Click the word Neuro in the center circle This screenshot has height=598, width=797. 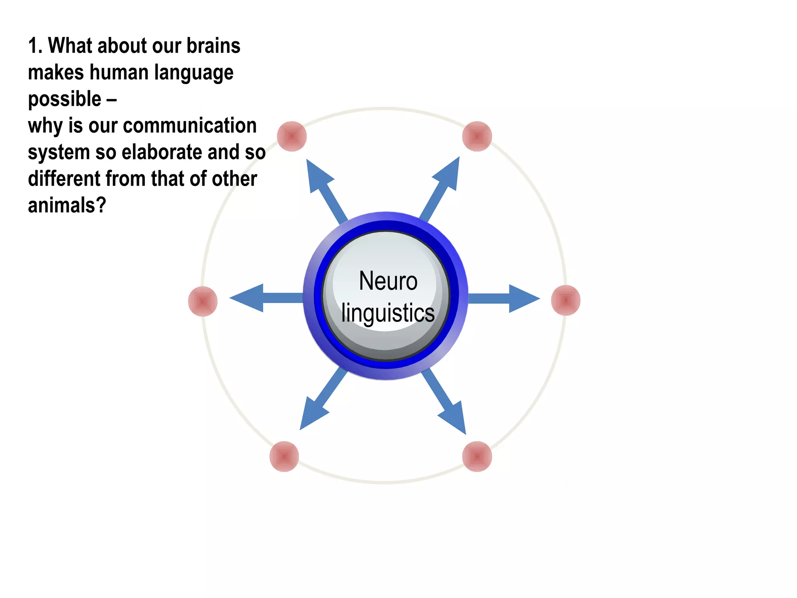pos(388,281)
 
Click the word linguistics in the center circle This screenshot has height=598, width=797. pos(388,313)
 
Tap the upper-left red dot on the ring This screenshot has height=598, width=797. pos(292,136)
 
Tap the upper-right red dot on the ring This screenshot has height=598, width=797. pos(477,136)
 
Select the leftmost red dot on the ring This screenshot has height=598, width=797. pos(203,301)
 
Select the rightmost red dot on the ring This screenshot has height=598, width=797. pos(565,300)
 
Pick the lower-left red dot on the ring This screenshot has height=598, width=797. pos(284,456)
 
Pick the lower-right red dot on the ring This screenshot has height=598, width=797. pos(477,456)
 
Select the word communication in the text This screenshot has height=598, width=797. pos(190,126)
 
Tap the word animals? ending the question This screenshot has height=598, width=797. pos(67,205)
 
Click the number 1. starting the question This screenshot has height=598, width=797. pos(35,46)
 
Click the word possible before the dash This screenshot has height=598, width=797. pos(65,99)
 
